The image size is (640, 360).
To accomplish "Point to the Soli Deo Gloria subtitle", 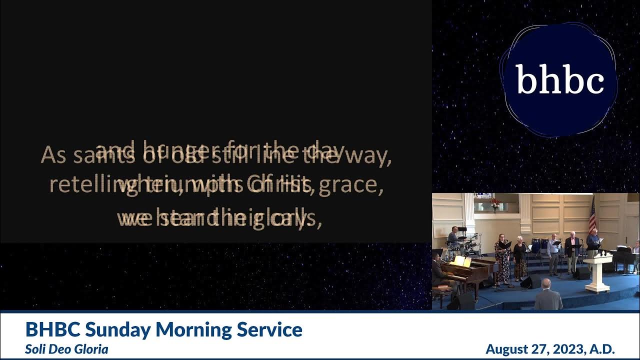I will (66, 349).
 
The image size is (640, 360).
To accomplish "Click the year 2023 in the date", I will (564, 348).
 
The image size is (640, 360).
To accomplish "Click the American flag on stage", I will (592, 215).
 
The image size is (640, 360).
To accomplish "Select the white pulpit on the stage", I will (598, 272).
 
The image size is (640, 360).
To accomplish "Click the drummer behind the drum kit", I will (454, 235).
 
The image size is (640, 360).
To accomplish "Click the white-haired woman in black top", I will (520, 257).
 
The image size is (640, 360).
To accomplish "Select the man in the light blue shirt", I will (553, 252).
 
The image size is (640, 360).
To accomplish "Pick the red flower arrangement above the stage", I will (495, 202).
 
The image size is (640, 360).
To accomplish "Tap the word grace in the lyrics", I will (362, 184).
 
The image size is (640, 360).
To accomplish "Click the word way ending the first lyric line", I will (371, 156).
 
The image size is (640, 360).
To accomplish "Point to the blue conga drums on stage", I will (539, 245).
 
